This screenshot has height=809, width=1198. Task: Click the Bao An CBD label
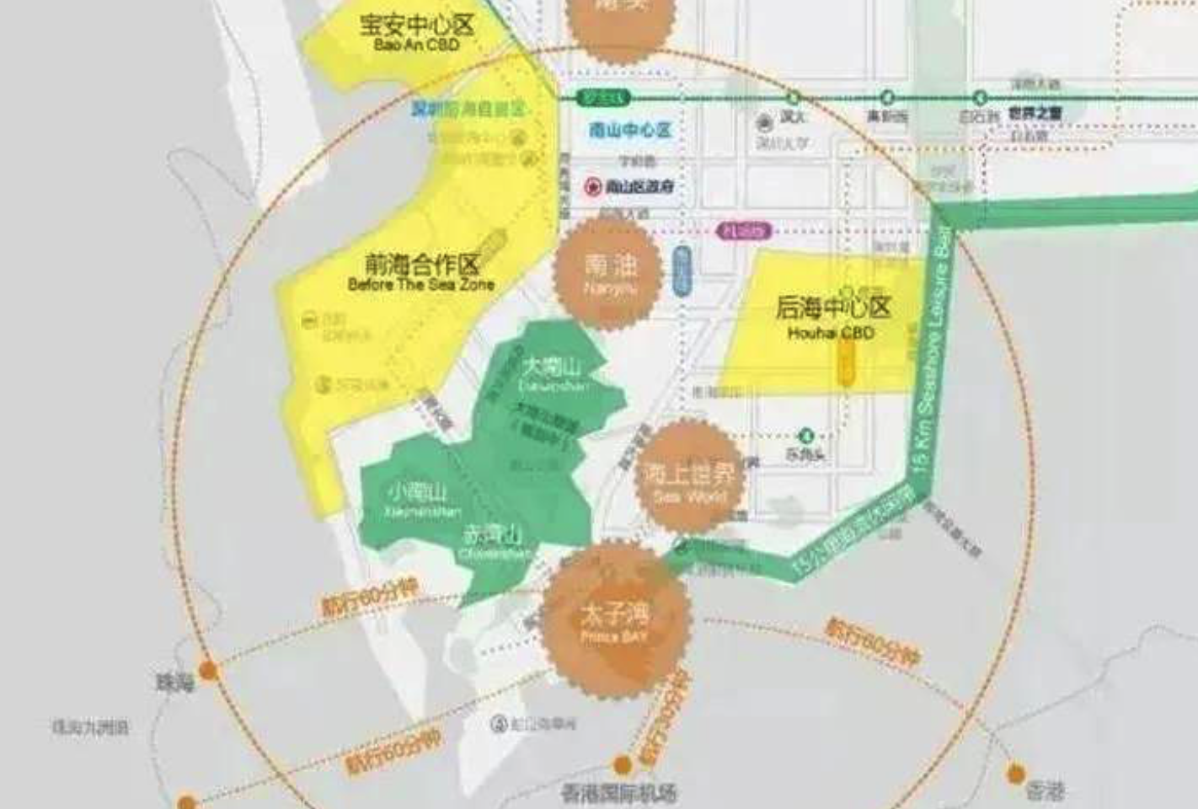(x=417, y=44)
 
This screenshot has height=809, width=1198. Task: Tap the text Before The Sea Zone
(x=420, y=285)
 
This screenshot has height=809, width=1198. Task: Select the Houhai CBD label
(x=832, y=333)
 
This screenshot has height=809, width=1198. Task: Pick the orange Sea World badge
(x=689, y=479)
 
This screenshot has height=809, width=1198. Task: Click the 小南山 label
(x=418, y=491)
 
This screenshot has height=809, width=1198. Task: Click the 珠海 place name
(x=175, y=682)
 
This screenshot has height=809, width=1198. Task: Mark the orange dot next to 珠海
(x=208, y=671)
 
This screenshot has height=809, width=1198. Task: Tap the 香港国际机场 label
(x=618, y=792)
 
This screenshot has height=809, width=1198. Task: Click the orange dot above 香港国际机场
(x=622, y=765)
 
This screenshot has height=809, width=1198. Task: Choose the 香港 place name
(x=1046, y=790)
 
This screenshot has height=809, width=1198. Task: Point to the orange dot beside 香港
(x=1016, y=772)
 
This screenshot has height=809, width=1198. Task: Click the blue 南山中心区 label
(x=630, y=130)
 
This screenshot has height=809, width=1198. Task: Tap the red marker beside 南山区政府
(x=594, y=187)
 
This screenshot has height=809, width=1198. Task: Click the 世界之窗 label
(x=1035, y=112)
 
